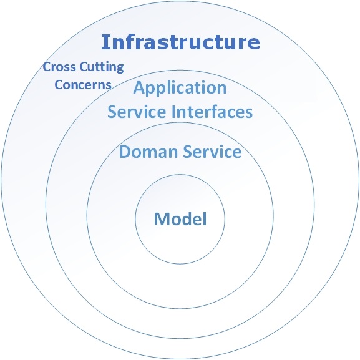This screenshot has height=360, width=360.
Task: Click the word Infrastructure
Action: click(180, 42)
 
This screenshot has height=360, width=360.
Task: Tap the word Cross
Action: click(59, 67)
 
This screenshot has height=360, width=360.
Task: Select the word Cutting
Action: click(102, 67)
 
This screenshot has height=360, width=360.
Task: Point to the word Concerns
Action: click(83, 85)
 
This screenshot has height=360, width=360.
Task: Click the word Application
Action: click(180, 88)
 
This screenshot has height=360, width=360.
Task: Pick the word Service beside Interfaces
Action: click(137, 112)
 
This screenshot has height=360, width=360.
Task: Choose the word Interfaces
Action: click(212, 112)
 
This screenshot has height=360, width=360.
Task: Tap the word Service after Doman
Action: click(212, 152)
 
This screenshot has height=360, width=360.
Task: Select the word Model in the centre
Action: click(180, 219)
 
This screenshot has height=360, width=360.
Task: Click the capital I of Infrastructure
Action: click(104, 42)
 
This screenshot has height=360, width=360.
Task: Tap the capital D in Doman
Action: click(125, 152)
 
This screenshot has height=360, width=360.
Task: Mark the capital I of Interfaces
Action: click(173, 112)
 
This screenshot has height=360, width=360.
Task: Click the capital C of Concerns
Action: click(59, 85)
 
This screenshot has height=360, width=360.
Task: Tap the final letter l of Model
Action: click(205, 218)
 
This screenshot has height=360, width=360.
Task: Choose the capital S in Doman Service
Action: click(188, 152)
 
